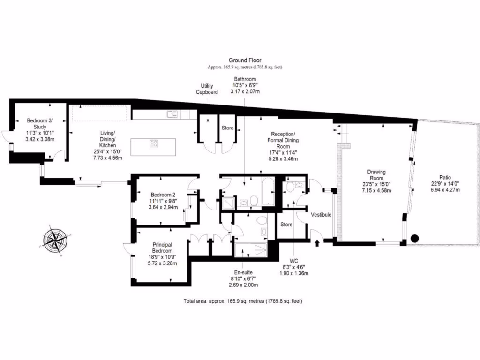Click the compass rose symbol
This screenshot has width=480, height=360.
pos(55,239)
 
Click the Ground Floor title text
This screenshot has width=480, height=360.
pos(245,60)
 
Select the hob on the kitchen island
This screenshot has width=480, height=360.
pos(153,144)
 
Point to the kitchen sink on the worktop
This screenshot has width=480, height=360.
pos(172,113)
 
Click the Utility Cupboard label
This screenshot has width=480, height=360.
pos(207,89)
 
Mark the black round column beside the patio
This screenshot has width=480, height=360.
pos(414,238)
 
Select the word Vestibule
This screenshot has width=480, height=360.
pos(321,214)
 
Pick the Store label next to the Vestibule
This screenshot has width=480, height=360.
pos(286,225)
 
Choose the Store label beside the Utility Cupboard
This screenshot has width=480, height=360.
pos(227,127)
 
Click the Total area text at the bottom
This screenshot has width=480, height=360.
pos(246,301)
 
